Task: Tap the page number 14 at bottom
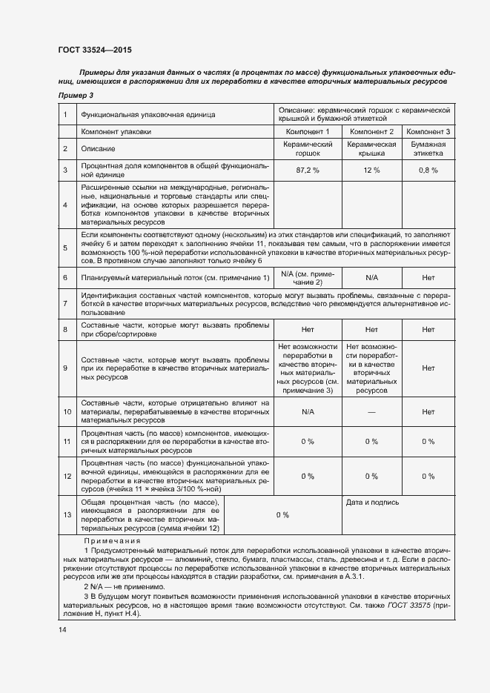[x=62, y=629]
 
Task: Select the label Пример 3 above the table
[x=76, y=96]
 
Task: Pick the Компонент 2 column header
[x=371, y=131]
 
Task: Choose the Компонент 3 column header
[x=428, y=131]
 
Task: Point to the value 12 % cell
[x=371, y=170]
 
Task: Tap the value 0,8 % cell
[x=428, y=170]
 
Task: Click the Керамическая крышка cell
[x=371, y=148]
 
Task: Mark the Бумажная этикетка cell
[x=428, y=148]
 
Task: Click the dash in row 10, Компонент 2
[x=371, y=411]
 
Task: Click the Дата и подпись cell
[x=373, y=503]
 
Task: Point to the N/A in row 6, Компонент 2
[x=371, y=277]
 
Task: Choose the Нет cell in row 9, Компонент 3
[x=428, y=368]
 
